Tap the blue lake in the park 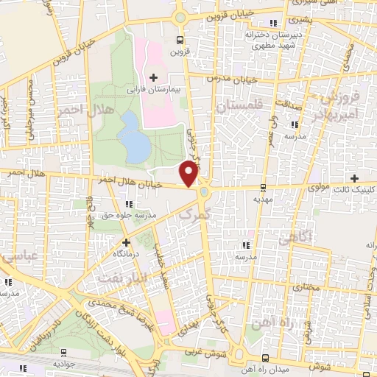(133, 137)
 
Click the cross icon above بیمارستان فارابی (153, 77)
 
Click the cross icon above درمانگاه (126, 242)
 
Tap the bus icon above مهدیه (263, 188)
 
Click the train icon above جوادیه (63, 352)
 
